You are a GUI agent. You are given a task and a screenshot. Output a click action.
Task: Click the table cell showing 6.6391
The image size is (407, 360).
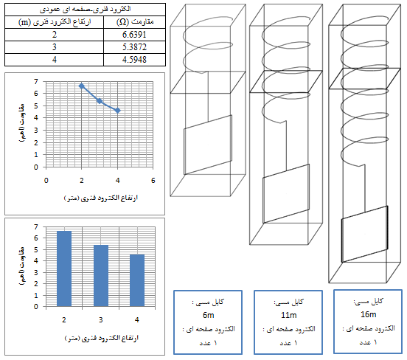pos(134,35)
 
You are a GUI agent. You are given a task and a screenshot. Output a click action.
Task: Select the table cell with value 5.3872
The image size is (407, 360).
pos(134,47)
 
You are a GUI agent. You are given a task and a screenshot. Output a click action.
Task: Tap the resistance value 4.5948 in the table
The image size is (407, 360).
pos(134,60)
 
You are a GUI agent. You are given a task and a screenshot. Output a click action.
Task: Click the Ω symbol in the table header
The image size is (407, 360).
pos(122,22)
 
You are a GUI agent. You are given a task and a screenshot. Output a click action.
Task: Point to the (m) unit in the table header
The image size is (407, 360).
pos(24,22)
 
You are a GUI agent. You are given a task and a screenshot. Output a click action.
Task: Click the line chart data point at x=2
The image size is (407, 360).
pos(82,86)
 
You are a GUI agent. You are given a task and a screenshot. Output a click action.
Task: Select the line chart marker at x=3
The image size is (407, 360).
pos(100,101)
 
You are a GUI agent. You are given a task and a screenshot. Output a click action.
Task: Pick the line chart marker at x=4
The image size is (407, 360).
pos(117,111)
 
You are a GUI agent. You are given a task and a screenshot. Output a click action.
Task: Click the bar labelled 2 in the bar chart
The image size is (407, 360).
pos(64,269)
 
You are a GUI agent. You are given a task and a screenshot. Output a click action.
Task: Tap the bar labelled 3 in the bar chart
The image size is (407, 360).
pos(101,276)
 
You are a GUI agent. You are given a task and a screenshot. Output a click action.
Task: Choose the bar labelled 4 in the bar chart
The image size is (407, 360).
pos(137,280)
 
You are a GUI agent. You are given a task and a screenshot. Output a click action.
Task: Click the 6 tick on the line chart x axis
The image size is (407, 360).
pos(153,180)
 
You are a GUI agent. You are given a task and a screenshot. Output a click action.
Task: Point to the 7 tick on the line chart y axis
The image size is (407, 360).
pos(36,82)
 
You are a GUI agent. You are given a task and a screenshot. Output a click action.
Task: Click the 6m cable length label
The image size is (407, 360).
pos(208,315)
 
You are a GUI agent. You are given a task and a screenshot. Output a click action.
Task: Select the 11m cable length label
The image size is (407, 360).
pos(288,315)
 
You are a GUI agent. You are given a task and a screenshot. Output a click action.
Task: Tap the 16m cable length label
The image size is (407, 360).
pos(369,314)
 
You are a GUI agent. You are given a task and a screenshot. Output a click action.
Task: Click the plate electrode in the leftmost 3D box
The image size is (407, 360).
pos(208,145)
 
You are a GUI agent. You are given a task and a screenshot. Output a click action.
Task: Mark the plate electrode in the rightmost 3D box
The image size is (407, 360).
pos(365,234)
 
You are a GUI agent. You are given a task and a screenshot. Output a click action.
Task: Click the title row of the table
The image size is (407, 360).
pos(85,10)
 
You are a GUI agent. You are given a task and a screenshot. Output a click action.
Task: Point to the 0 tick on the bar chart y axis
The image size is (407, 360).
pos(36,306)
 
